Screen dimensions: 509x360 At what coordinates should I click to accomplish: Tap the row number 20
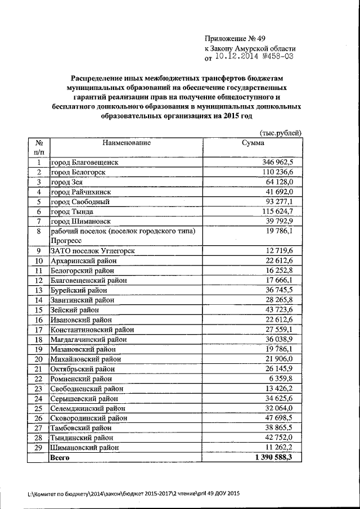39,359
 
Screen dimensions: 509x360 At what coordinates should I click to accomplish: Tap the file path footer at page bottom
134,493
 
